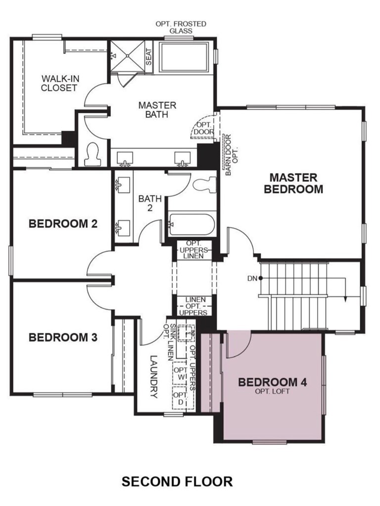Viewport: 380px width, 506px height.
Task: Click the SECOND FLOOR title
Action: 177,481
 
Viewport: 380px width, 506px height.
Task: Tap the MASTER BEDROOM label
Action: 293,183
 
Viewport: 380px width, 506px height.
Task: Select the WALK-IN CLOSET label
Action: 60,83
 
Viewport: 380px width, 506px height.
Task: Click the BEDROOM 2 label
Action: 63,223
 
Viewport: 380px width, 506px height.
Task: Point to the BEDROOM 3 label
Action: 63,337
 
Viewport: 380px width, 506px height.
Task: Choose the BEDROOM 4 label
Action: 273,382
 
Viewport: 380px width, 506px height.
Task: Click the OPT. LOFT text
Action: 273,392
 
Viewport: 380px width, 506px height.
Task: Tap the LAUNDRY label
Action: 154,377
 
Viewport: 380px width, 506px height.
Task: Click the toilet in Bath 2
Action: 204,185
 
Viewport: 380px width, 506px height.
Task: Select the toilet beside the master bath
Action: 93,154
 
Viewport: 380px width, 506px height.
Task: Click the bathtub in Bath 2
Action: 191,224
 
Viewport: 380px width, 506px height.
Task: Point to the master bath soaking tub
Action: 184,57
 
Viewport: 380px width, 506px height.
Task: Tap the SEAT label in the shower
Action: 148,57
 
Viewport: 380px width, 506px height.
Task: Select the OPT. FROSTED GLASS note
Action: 181,27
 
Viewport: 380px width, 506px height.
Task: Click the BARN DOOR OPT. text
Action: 231,155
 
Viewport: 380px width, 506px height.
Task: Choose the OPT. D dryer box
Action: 180,398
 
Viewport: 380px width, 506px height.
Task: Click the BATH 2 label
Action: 150,203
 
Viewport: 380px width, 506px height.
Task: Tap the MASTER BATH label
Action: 157,110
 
